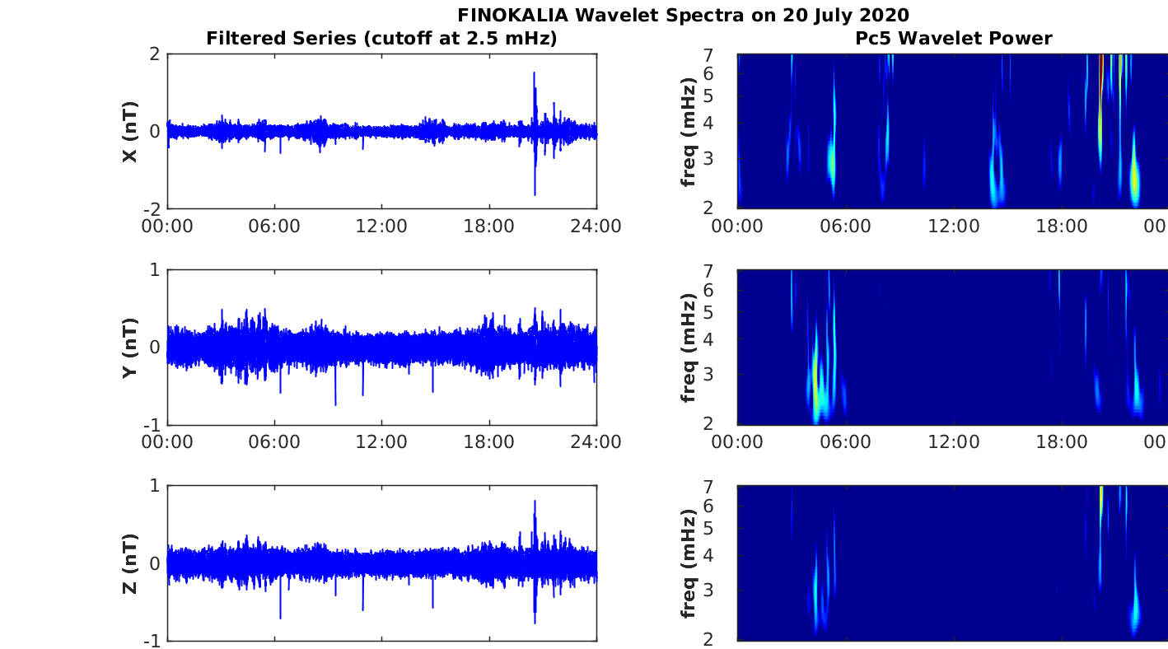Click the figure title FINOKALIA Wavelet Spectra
click(683, 15)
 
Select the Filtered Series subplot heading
click(381, 38)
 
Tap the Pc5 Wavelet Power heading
click(953, 38)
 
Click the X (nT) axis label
click(129, 132)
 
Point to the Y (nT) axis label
click(129, 348)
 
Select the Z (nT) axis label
click(129, 563)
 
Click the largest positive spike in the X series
click(534, 74)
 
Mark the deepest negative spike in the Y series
click(335, 404)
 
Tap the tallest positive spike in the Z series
click(535, 502)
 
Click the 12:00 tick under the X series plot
click(381, 226)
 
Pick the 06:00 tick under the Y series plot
click(274, 441)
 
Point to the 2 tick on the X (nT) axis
click(153, 54)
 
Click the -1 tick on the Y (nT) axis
click(150, 425)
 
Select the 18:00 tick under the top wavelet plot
click(1061, 226)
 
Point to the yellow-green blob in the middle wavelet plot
click(816, 375)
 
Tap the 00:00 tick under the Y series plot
click(168, 441)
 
